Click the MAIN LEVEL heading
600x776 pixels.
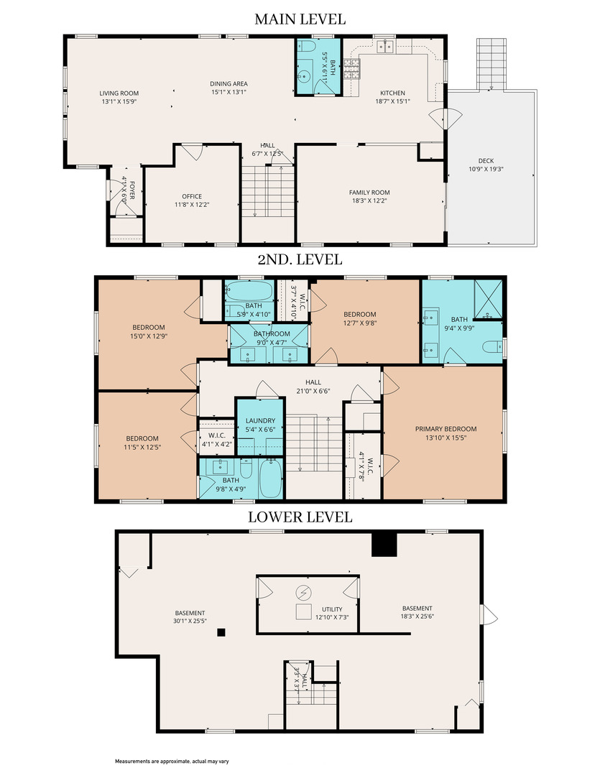(x=300, y=19)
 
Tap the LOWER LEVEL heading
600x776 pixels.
(x=300, y=517)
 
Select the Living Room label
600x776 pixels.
(x=119, y=93)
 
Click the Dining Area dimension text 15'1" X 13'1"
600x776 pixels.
(x=229, y=92)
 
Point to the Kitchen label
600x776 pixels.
(x=392, y=93)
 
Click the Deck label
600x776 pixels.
(x=486, y=161)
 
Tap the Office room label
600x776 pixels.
(x=192, y=196)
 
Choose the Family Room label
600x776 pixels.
(x=369, y=193)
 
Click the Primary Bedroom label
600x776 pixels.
(x=446, y=429)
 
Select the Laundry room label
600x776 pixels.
(x=260, y=420)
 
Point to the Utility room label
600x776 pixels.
(x=332, y=609)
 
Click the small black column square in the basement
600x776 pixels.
(x=221, y=632)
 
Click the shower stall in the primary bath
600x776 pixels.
(x=488, y=300)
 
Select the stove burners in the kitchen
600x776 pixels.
(x=351, y=69)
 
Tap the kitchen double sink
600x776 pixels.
(x=384, y=47)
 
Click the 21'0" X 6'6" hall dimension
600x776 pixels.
(x=313, y=391)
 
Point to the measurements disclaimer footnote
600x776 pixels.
(x=172, y=761)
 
